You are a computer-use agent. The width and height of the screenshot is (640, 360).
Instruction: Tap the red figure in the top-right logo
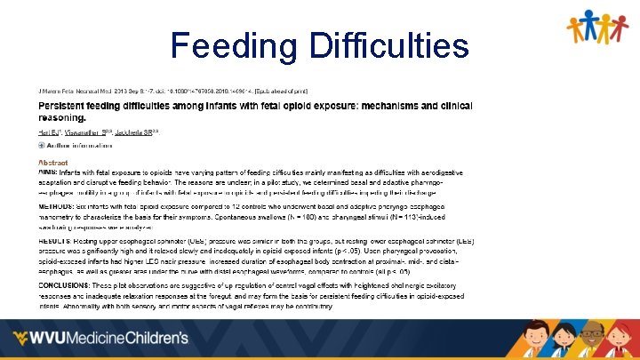coord(621,27)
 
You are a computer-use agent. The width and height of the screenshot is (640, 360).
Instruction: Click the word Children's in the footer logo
coord(156,339)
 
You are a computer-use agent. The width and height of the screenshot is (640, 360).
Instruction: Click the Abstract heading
coord(52,163)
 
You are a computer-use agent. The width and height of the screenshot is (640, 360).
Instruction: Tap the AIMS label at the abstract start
coord(47,172)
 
